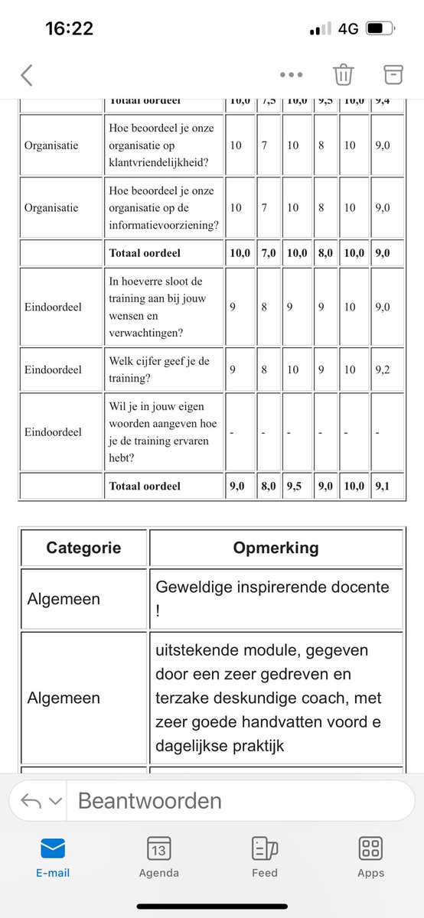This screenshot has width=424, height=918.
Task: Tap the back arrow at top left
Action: pos(27,75)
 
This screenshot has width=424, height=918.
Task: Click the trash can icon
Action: pos(343,74)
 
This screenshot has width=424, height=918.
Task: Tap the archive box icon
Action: pos(393,73)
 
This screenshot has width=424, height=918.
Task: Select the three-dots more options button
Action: pos(292,75)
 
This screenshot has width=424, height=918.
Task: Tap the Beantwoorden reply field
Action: pos(230,801)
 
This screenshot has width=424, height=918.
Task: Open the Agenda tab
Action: pos(159,855)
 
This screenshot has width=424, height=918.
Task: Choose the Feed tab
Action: pos(265,855)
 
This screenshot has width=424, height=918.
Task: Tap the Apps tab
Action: pos(370,855)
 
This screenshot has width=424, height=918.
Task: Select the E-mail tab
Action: pos(53,855)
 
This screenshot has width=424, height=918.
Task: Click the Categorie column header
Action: pos(83,548)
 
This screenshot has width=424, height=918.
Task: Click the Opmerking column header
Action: pos(276,548)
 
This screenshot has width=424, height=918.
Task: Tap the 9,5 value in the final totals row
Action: pos(295,486)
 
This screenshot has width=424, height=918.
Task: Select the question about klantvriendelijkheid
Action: pos(164,145)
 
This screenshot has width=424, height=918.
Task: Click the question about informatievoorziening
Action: pos(164,207)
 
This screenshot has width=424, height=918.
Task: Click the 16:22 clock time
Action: pos(69,29)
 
